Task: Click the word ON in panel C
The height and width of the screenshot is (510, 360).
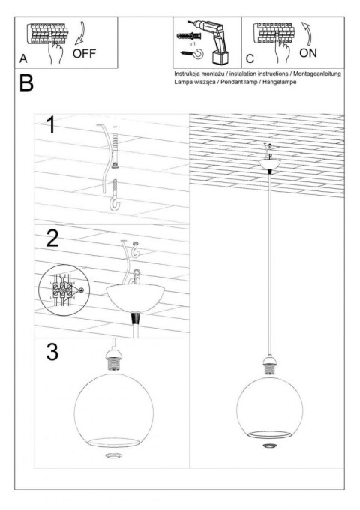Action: point(307,54)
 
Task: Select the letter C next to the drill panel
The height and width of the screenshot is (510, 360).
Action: point(250,58)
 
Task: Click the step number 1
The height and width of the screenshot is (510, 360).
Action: point(50,124)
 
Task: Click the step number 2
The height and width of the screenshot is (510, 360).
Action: point(52,238)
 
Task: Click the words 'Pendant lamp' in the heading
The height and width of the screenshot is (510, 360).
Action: point(241,82)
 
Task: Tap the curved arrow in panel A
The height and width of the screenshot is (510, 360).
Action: point(82,33)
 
